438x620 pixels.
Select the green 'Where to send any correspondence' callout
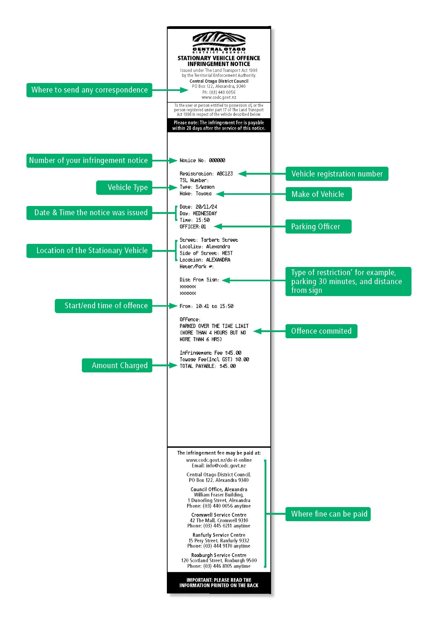tap(89, 90)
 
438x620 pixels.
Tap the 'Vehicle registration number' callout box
tap(337, 174)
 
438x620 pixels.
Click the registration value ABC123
tap(225, 174)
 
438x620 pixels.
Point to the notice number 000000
tap(217, 161)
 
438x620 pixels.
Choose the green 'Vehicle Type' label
tap(124, 187)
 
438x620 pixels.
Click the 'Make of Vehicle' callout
tap(319, 194)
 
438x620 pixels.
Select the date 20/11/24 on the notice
tap(206, 207)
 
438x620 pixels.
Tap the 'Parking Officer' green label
tap(318, 227)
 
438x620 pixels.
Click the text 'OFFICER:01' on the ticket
tap(193, 227)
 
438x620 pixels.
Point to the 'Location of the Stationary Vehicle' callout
tap(89, 251)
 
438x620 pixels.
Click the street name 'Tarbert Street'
tap(220, 240)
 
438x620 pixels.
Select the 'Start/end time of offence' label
tap(104, 306)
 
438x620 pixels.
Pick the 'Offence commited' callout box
tap(321, 331)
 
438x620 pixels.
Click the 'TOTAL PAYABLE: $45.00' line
tap(208, 366)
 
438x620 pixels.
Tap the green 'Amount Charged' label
tap(117, 365)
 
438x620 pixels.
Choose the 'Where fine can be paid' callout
tap(328, 514)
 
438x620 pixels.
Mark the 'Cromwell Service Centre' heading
tap(219, 515)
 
